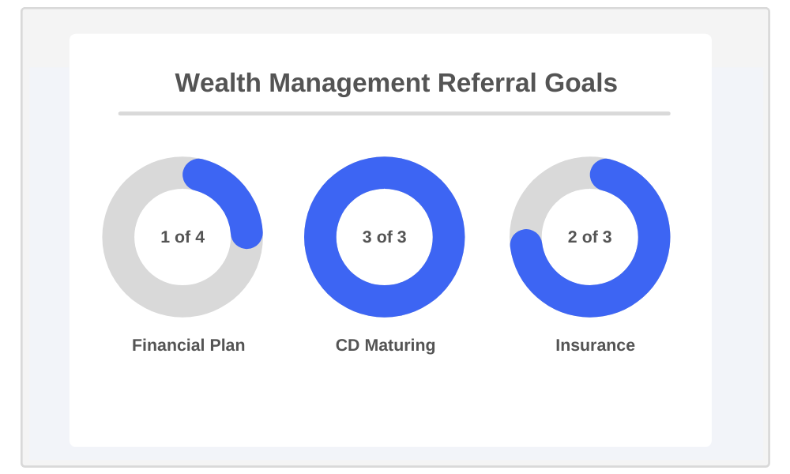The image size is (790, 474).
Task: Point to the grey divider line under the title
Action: (394, 114)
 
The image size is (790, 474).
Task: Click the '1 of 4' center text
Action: (182, 237)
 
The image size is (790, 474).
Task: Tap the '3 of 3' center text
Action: (385, 237)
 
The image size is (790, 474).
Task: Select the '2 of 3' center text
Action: (590, 237)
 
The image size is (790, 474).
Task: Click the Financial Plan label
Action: (188, 345)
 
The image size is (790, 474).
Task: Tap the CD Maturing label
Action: (386, 345)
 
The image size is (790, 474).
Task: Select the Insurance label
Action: (595, 345)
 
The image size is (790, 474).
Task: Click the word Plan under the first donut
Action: (227, 345)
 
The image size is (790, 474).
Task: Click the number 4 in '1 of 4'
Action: (200, 237)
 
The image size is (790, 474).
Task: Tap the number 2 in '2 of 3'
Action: (573, 237)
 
